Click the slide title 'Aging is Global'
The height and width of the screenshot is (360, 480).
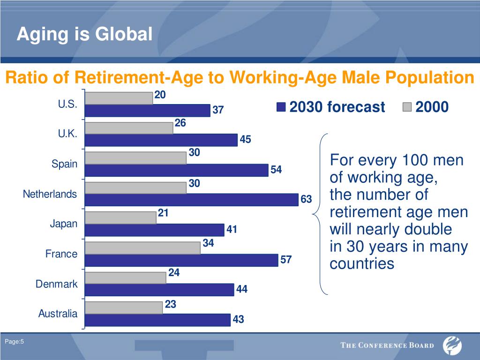coord(84,34)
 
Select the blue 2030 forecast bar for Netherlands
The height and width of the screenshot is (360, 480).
coord(191,199)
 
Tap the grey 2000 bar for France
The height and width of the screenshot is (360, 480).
coord(142,248)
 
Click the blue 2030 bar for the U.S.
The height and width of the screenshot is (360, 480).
coord(148,110)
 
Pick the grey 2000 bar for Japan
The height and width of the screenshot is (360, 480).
coord(120,217)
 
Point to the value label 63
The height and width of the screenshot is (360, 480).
coord(306,200)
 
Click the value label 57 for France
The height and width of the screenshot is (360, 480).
coord(285,260)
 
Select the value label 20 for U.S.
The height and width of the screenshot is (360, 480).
coord(160,95)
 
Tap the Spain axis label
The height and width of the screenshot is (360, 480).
coord(65,164)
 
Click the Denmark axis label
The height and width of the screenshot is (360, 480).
coord(57,284)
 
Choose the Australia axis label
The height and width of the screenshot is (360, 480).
coord(58,314)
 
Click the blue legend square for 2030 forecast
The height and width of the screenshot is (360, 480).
coord(281,107)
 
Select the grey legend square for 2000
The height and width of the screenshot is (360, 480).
coord(407,107)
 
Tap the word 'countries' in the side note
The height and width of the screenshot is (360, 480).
coord(362,264)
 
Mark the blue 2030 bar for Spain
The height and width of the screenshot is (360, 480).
coord(177,170)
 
